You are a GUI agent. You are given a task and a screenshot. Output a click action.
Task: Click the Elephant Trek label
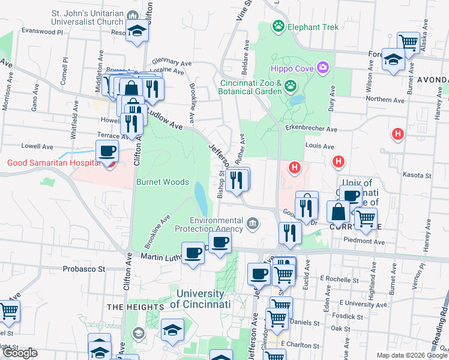(x=313, y=27)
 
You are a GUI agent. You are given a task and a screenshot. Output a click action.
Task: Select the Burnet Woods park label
(x=163, y=182)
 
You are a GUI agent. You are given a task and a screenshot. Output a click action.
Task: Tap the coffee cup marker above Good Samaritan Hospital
(x=107, y=151)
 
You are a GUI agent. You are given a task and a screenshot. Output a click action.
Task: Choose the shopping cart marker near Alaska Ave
(x=408, y=43)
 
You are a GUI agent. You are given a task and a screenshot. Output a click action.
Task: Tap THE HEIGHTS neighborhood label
(x=135, y=307)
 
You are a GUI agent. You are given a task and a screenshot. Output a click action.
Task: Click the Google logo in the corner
(x=19, y=352)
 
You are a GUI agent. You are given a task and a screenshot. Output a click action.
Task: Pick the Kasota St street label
(x=420, y=175)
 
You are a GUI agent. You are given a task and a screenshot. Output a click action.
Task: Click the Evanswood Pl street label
(x=41, y=30)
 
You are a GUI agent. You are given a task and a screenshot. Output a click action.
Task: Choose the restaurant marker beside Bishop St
(x=238, y=179)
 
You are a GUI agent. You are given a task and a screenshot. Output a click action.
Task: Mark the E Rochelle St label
(x=339, y=278)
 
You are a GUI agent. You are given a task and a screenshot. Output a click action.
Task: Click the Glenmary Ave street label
(x=171, y=59)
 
